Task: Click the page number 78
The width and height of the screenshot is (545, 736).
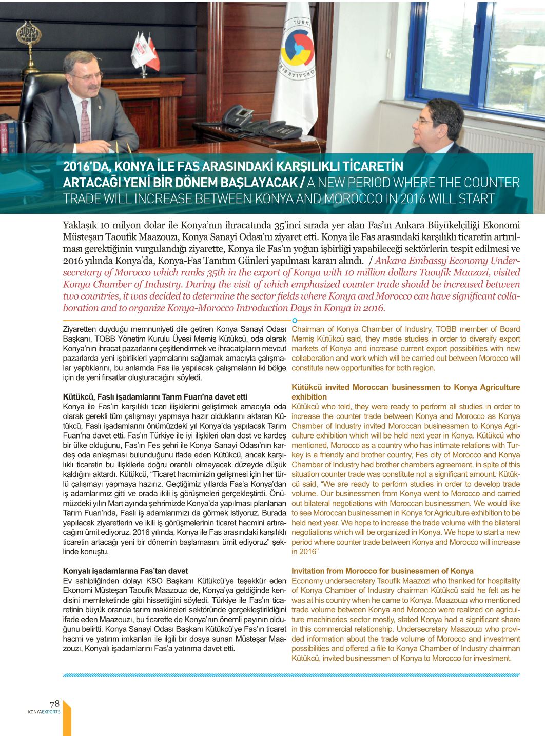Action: [54, 704]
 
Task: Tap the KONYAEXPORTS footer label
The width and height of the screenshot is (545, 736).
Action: [44, 712]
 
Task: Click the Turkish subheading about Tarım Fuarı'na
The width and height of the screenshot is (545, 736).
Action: [155, 396]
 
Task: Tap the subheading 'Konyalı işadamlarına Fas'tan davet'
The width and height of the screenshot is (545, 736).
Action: [125, 571]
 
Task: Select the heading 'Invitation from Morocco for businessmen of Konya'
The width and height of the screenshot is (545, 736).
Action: [382, 571]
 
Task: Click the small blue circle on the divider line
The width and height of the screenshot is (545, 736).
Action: [295, 320]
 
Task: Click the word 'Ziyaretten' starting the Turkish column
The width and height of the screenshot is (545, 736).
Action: [81, 329]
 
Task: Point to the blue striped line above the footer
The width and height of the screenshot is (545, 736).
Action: [291, 675]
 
